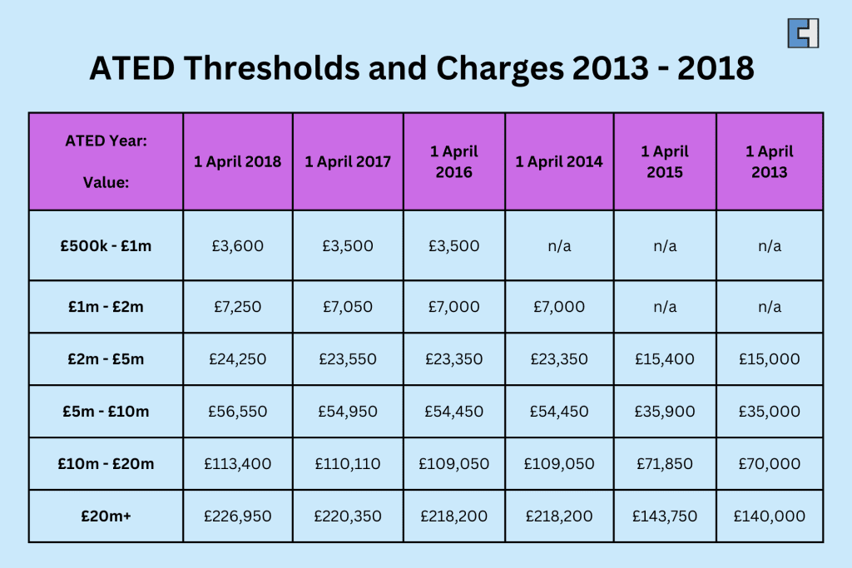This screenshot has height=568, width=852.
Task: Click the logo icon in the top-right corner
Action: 803,32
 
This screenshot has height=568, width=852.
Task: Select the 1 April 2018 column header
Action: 238,162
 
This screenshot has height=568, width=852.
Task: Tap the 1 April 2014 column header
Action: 559,162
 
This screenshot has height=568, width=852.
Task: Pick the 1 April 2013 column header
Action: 770,162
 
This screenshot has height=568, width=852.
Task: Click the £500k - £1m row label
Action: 106,246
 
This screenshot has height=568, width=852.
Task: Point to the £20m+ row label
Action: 106,516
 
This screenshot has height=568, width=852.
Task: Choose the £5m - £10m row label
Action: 106,412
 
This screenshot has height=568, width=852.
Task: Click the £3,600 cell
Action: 238,246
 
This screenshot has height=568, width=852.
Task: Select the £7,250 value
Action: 238,307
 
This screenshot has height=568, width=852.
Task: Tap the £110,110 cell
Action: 348,464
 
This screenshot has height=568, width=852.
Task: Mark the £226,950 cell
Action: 238,516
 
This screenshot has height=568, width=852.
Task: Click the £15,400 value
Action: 665,359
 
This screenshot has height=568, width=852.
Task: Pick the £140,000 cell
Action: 770,516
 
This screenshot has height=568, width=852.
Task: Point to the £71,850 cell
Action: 665,464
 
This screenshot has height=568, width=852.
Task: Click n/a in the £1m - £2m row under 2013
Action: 770,307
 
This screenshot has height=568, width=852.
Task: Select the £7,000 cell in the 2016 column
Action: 454,307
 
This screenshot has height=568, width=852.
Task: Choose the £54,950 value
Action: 348,412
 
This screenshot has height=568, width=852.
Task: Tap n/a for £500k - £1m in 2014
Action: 559,246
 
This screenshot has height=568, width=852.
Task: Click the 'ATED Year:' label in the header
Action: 106,141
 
